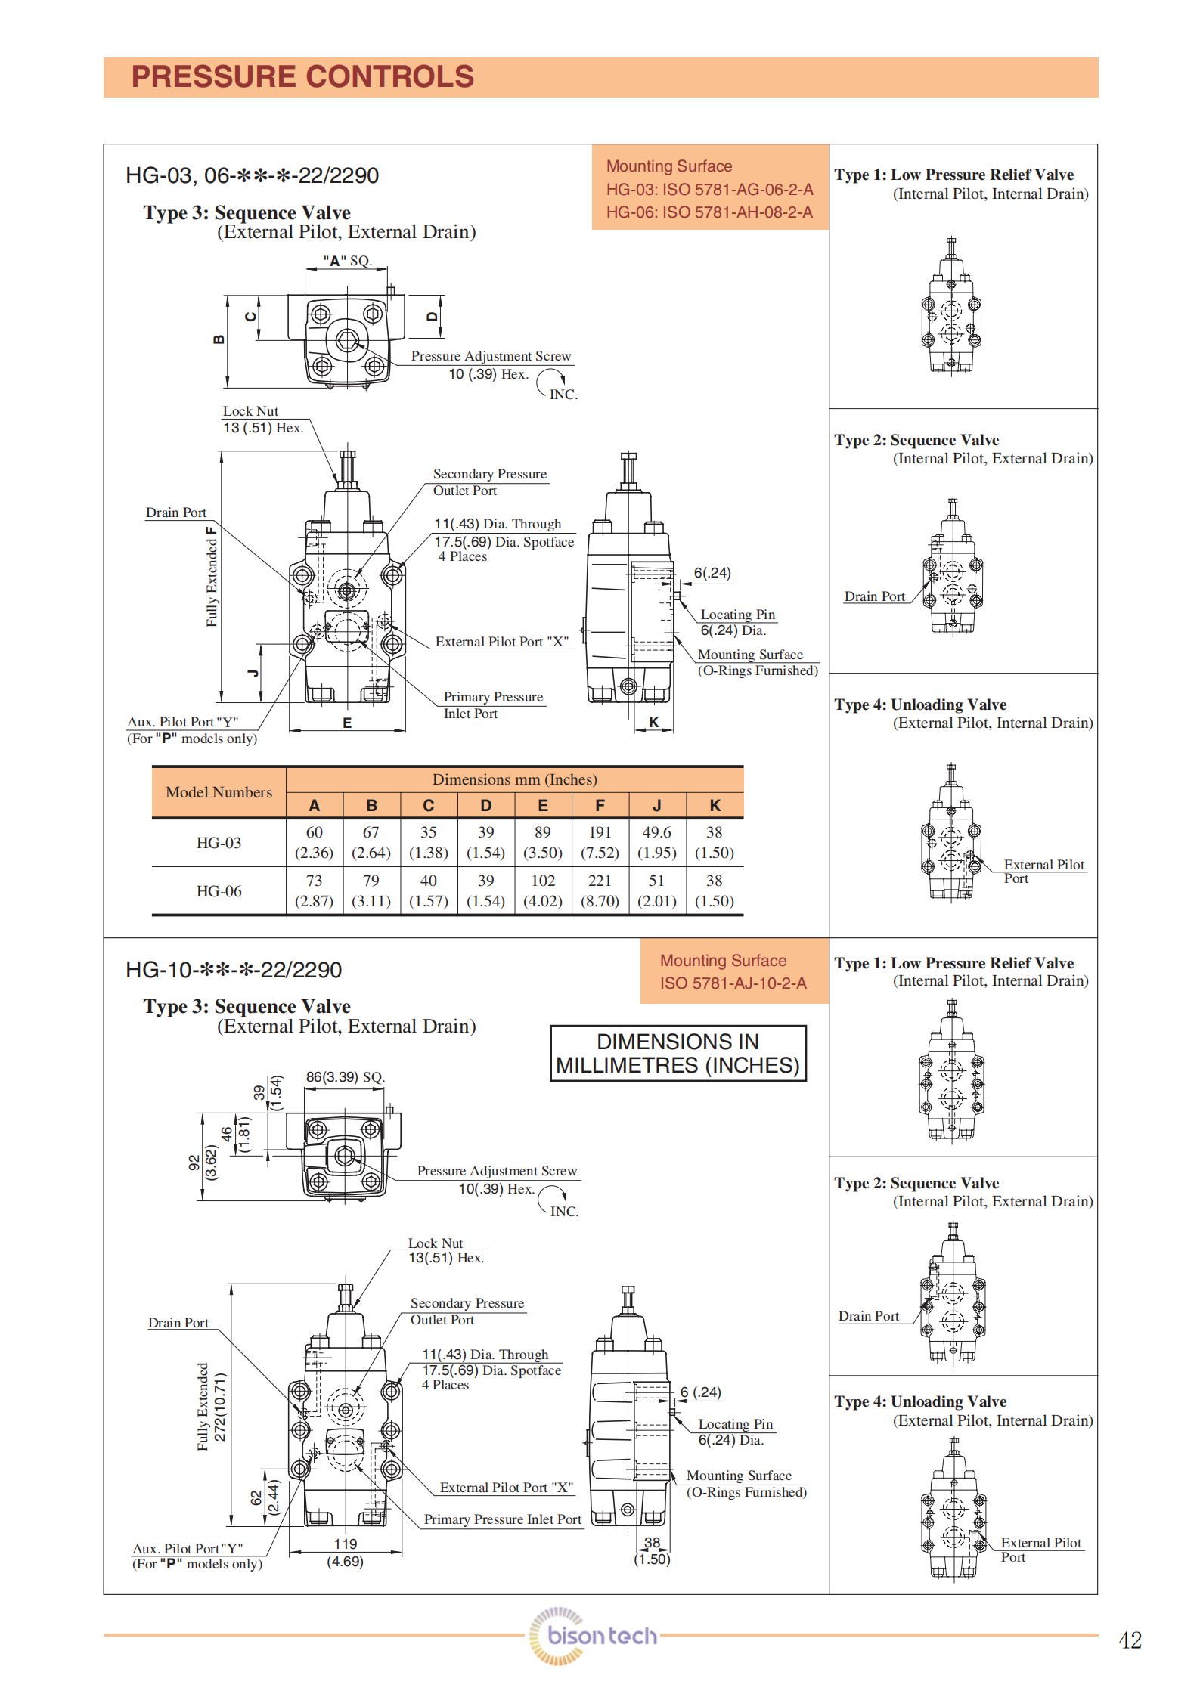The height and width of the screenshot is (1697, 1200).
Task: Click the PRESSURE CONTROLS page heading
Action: (302, 77)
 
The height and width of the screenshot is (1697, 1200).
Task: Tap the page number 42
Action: (1130, 1640)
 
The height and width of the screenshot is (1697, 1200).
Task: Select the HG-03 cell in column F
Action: (600, 842)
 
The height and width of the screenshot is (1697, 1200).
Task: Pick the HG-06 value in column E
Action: (543, 890)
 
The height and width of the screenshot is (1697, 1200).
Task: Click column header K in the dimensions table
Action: (715, 806)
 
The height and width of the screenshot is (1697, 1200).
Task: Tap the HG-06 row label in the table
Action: (219, 891)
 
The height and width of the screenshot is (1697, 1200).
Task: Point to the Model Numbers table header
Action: (219, 792)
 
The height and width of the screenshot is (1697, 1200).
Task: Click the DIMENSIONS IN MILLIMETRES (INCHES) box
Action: (678, 1053)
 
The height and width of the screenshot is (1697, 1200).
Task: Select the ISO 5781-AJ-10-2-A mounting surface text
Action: (733, 983)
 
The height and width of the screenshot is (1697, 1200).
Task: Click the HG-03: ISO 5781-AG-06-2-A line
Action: (709, 190)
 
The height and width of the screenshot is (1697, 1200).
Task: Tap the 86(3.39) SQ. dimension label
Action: (345, 1077)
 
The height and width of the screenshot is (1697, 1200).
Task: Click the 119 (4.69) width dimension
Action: (345, 1553)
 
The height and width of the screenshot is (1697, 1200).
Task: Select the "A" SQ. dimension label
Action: (347, 261)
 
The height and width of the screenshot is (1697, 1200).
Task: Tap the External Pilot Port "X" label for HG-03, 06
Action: (501, 642)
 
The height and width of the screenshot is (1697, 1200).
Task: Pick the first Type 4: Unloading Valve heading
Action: (920, 705)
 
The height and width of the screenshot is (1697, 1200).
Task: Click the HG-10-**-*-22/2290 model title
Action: (234, 970)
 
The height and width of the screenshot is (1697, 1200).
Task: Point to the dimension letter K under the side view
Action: (653, 722)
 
